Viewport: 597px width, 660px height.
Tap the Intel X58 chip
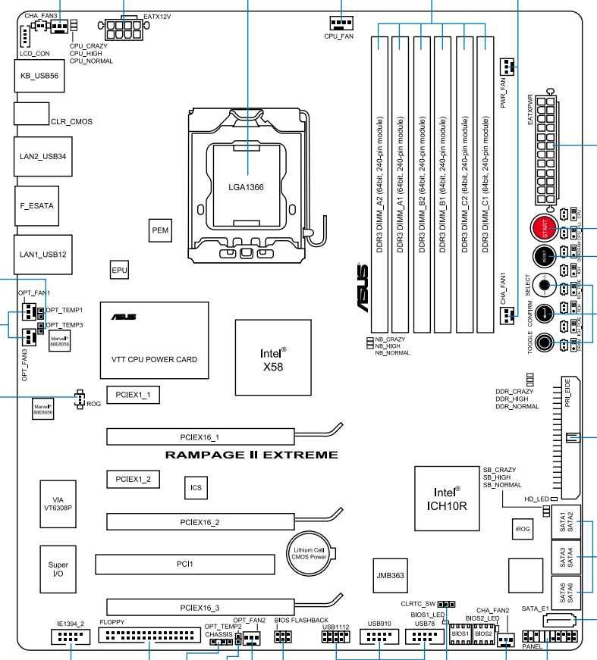(273, 358)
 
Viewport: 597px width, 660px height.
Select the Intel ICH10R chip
(447, 498)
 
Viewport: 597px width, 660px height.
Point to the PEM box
(159, 230)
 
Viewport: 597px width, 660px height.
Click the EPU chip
(118, 269)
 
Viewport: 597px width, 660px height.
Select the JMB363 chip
(390, 575)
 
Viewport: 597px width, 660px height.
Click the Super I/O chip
(58, 570)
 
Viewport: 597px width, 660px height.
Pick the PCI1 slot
(185, 565)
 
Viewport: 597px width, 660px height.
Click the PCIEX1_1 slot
(133, 395)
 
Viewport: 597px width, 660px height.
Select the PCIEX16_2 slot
(200, 522)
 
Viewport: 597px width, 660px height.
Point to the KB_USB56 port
(39, 76)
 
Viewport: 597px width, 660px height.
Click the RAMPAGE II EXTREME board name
(251, 455)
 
